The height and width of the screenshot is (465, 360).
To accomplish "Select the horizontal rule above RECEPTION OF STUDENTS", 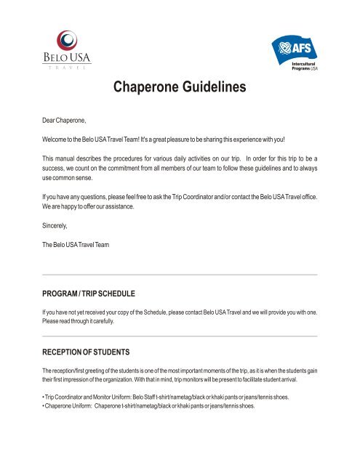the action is [x=180, y=336].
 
